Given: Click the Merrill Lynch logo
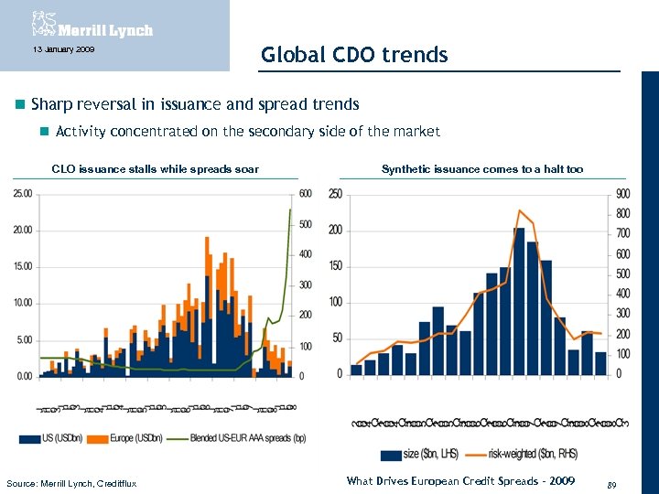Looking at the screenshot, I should point(92,24).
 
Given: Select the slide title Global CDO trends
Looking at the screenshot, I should point(354,55).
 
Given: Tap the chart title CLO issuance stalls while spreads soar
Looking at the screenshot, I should point(155,169).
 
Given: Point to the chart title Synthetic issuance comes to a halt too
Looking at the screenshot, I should point(481,169).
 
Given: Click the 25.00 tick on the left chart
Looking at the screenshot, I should point(22,193).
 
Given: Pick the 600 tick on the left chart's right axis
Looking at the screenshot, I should point(306,193).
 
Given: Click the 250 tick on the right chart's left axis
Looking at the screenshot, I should point(335,194).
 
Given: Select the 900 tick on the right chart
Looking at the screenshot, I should point(623,194).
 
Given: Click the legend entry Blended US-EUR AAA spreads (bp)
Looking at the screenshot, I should point(240,438).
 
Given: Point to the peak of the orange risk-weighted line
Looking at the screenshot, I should point(519,210).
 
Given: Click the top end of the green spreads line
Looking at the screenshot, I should point(290,209).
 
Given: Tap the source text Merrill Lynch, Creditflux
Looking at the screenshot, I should point(71,483).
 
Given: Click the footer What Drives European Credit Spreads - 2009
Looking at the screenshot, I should point(460,481).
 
